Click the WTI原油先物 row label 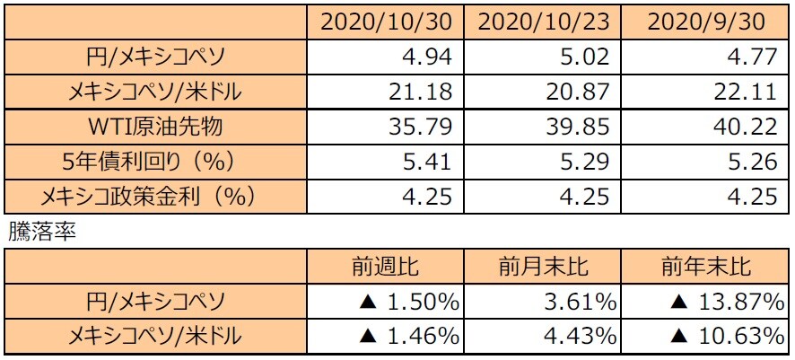point(155,127)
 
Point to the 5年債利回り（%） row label point(155,162)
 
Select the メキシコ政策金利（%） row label point(155,196)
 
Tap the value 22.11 point(748,92)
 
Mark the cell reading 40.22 point(748,127)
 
